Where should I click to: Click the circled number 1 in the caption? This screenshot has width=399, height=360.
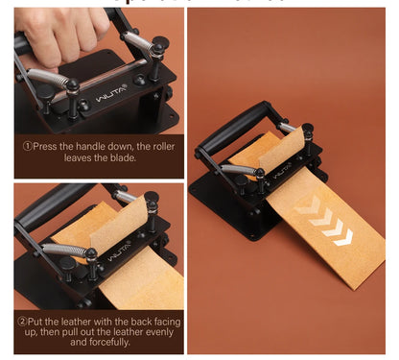[x=28, y=146]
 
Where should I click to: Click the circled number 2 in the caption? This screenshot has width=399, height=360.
[x=22, y=322]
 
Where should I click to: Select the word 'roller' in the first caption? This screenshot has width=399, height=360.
[x=159, y=146]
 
